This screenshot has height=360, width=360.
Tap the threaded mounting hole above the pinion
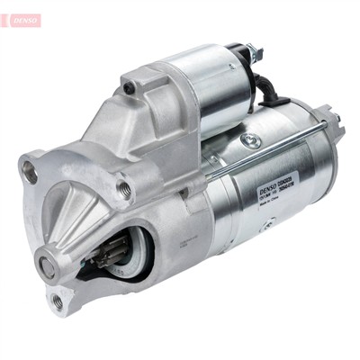click(124, 190)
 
